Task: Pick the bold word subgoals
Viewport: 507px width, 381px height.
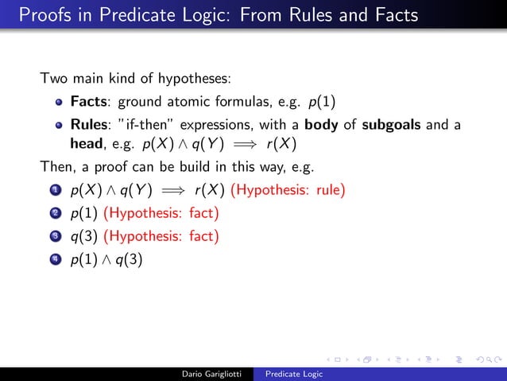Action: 395,126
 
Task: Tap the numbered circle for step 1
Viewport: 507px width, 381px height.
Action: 55,191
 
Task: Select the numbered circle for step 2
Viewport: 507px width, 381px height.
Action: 55,214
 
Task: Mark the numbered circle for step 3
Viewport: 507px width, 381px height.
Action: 55,237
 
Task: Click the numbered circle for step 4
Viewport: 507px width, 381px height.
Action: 55,259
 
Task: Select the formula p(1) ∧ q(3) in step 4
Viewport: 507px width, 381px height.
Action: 106,260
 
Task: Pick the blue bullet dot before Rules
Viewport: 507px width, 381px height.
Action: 59,126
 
